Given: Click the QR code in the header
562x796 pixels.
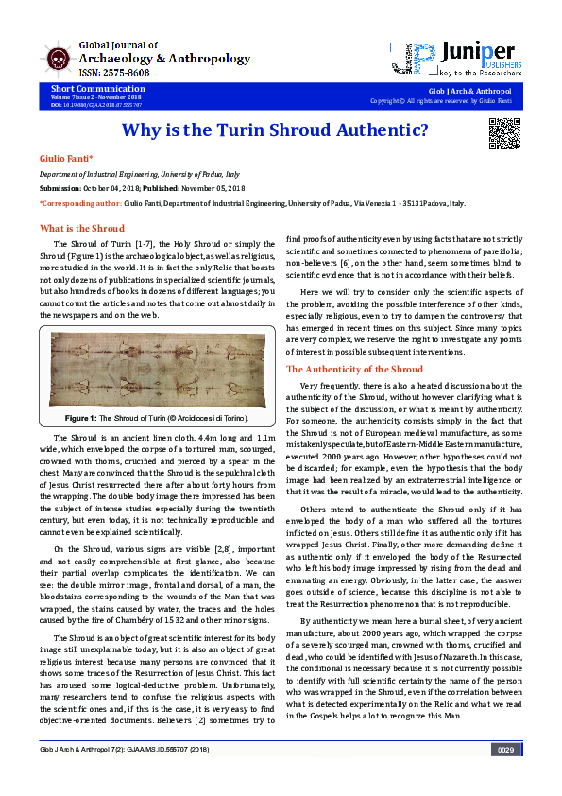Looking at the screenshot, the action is coord(504,133).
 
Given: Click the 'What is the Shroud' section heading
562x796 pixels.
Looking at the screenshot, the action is coord(81,228).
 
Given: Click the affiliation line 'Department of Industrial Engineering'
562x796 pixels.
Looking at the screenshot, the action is coord(138,176).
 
